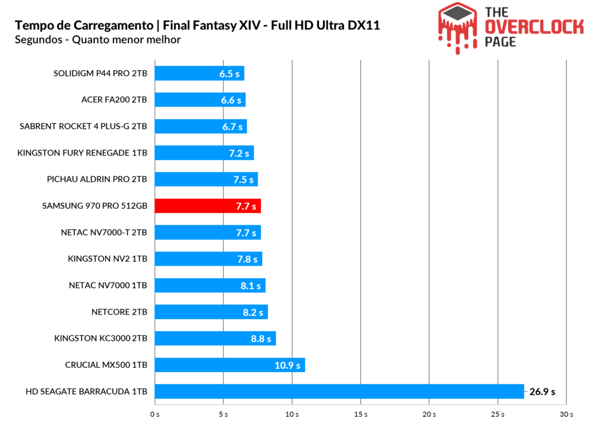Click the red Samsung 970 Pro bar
(207, 206)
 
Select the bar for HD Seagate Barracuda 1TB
(339, 391)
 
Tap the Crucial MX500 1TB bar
(230, 365)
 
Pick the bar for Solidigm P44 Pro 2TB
(199, 73)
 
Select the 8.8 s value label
(261, 339)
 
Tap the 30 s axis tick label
(566, 415)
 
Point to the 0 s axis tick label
(154, 415)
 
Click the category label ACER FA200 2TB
(114, 100)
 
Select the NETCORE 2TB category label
(119, 312)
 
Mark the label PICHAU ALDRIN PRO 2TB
(97, 179)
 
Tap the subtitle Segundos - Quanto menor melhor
(98, 40)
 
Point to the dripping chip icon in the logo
(458, 26)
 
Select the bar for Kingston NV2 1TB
(208, 259)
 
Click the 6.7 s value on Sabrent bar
(232, 127)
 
